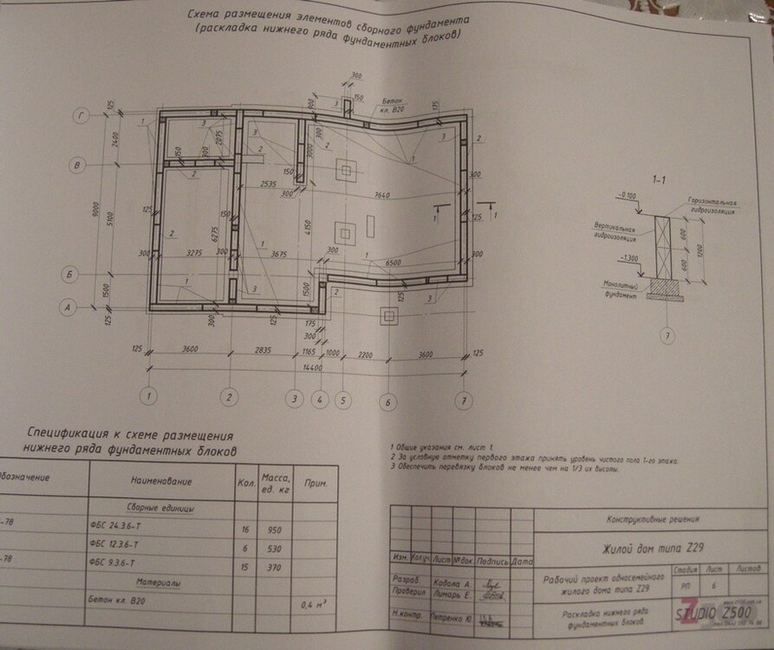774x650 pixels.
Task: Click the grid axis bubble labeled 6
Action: pyautogui.click(x=388, y=401)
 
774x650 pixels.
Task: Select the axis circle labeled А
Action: pyautogui.click(x=65, y=306)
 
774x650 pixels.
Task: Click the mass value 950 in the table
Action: pyautogui.click(x=276, y=528)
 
